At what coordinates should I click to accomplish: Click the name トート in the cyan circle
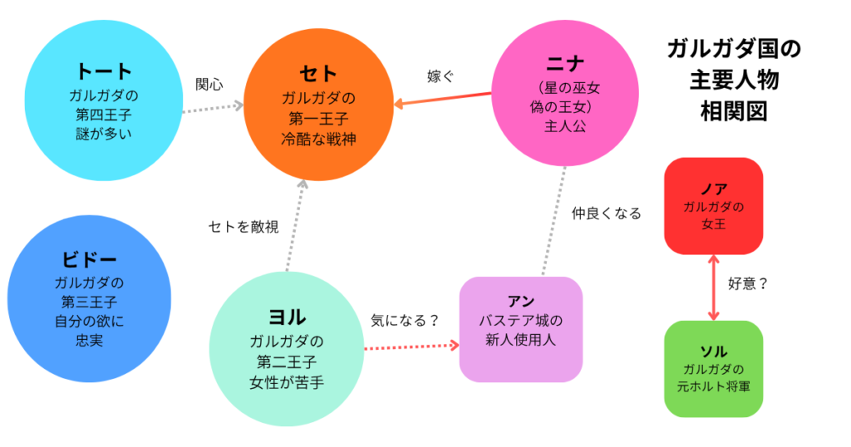point(104,71)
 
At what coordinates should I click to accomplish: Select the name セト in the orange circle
point(318,73)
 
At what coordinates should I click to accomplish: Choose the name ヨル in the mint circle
point(287,317)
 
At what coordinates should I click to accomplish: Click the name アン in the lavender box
point(521,301)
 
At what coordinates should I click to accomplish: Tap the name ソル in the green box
point(714,351)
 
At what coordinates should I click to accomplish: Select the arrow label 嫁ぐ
point(440,77)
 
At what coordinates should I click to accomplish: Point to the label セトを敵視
point(243,226)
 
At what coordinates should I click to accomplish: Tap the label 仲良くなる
point(607,214)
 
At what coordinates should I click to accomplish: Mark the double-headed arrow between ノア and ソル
point(714,287)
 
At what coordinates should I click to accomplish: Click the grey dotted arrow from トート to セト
point(212,106)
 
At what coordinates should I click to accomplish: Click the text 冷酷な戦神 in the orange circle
point(319,139)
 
